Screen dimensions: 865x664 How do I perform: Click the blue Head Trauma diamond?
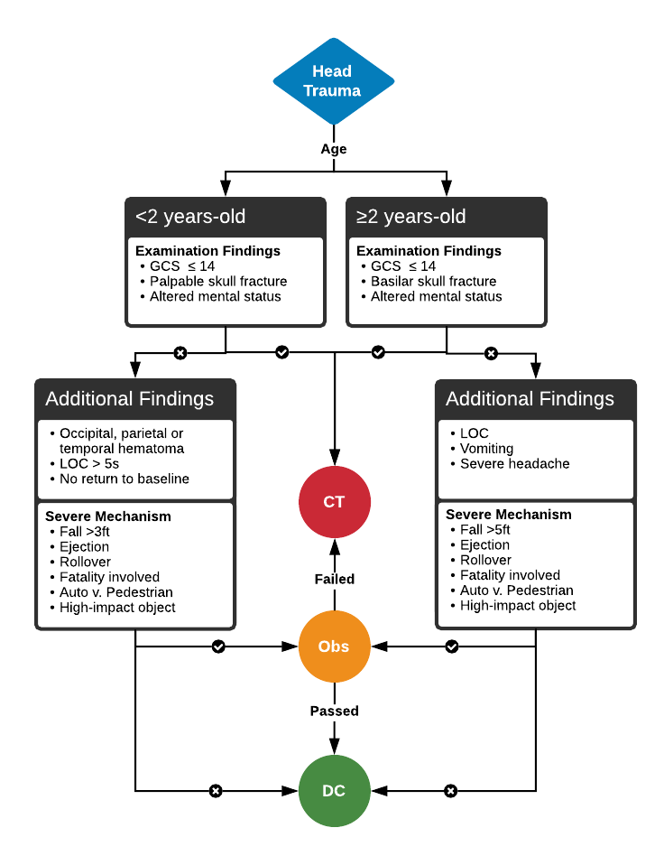point(333,81)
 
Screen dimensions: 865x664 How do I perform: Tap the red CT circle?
point(334,501)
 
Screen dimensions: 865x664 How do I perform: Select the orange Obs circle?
point(334,646)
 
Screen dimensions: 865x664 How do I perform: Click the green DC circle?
point(334,791)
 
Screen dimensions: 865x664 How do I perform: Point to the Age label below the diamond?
point(334,149)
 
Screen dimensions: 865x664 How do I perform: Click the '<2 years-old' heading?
point(190,217)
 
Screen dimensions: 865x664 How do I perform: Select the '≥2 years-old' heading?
point(411,217)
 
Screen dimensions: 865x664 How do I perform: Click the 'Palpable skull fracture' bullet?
point(217,282)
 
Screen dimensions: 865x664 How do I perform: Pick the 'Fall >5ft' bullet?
point(484,530)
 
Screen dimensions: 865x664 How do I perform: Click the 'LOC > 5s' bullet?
point(88,463)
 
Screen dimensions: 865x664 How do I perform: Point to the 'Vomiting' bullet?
point(486,449)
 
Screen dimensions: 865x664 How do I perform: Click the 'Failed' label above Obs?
point(334,579)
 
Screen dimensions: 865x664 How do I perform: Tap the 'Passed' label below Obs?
point(334,711)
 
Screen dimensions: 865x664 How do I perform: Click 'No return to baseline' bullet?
point(124,479)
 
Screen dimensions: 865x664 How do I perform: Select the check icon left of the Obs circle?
point(217,646)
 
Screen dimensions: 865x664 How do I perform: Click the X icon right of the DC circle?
point(450,791)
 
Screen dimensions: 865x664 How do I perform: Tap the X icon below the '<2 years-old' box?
point(180,352)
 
